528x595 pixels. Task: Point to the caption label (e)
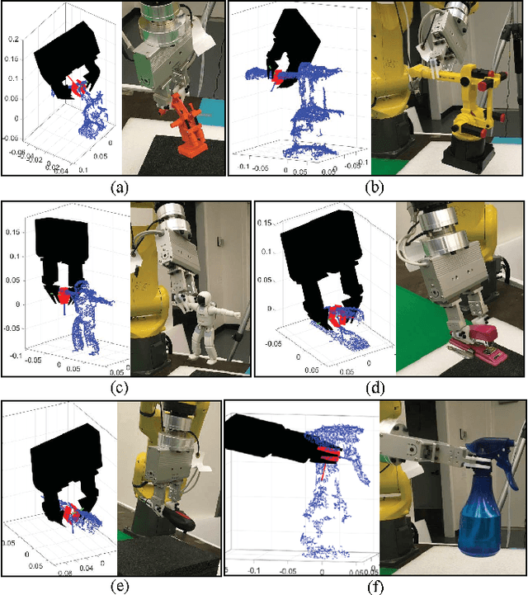(118, 587)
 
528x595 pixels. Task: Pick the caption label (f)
(375, 587)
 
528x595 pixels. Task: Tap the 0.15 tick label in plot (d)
(266, 223)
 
